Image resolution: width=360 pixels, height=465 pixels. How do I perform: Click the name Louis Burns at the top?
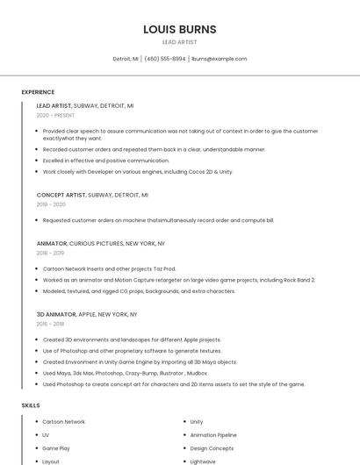(x=180, y=29)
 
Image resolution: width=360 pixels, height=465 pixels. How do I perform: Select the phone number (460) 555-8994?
(x=165, y=59)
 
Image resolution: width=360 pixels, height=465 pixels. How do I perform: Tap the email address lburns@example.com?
(x=219, y=59)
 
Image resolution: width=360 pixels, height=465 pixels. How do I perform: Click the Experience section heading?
(x=38, y=92)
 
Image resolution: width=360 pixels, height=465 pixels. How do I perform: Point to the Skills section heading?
(x=31, y=405)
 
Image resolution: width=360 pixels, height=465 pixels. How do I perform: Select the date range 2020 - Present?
(x=55, y=115)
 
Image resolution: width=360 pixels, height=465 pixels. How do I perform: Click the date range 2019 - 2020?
(x=51, y=204)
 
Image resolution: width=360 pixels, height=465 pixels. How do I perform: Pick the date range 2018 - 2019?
(x=51, y=253)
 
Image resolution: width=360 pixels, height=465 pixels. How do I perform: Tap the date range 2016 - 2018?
(x=51, y=324)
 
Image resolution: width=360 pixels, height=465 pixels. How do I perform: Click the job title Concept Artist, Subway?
(x=92, y=195)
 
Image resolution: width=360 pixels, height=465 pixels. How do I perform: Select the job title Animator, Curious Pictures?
(x=100, y=243)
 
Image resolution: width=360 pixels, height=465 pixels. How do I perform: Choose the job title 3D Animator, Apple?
(x=86, y=314)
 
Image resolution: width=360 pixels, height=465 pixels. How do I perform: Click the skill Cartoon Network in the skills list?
(x=63, y=422)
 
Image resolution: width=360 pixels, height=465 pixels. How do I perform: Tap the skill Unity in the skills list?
(x=197, y=422)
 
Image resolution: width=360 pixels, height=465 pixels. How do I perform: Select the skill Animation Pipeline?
(x=213, y=434)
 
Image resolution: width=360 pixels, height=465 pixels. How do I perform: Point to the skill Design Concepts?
(x=212, y=447)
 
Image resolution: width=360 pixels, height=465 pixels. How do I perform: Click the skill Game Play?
(x=55, y=447)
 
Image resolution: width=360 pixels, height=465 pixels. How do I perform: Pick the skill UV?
(x=46, y=434)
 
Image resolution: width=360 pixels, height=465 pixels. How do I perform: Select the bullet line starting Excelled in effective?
(x=105, y=161)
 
